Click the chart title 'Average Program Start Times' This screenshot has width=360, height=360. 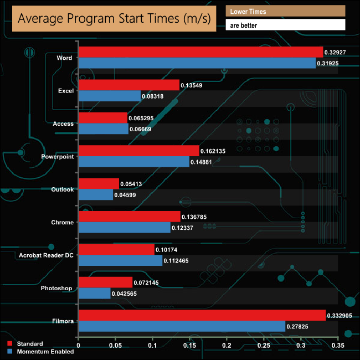(114, 18)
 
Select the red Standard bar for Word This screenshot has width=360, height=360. (200, 52)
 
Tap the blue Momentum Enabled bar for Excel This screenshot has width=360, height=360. (110, 96)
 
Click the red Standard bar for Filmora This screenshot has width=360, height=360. (202, 315)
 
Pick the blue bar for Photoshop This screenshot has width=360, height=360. (95, 294)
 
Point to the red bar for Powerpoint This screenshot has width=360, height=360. (138, 151)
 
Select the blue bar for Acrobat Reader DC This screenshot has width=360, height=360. (121, 260)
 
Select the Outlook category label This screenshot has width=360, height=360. (62, 189)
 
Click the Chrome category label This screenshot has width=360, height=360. (62, 222)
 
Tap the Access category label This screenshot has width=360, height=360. (63, 124)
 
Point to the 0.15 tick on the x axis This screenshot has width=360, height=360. (190, 346)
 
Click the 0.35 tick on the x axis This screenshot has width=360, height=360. (338, 346)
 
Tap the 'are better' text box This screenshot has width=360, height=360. (285, 25)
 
